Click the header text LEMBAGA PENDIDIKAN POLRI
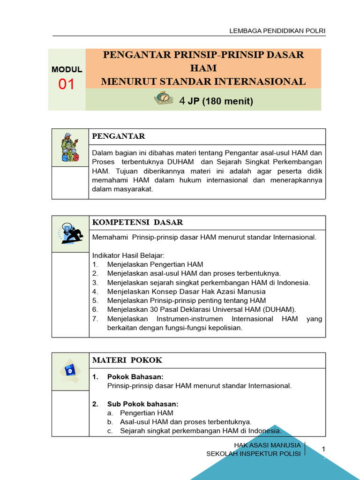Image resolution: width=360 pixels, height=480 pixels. click(277, 31)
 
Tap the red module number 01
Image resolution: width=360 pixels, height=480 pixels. click(67, 85)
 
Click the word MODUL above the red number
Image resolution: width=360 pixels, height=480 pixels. click(67, 69)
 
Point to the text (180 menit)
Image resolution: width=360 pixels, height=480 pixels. click(228, 101)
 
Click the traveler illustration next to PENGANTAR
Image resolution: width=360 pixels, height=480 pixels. click(70, 147)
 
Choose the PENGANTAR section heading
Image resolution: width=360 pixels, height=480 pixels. click(119, 136)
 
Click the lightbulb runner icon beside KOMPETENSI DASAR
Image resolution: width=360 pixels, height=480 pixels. click(70, 233)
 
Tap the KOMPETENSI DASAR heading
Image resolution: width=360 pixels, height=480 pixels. click(137, 222)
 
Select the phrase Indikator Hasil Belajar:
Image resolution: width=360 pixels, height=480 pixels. click(128, 255)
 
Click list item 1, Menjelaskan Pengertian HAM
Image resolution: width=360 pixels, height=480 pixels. click(155, 264)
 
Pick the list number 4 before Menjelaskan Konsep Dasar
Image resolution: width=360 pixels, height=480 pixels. click(95, 292)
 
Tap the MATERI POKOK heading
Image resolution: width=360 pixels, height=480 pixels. click(127, 360)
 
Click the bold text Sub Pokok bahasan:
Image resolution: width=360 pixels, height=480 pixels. click(142, 404)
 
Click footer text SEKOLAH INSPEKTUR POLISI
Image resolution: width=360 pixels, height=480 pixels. click(254, 454)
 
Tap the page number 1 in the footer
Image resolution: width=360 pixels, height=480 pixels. click(323, 450)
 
